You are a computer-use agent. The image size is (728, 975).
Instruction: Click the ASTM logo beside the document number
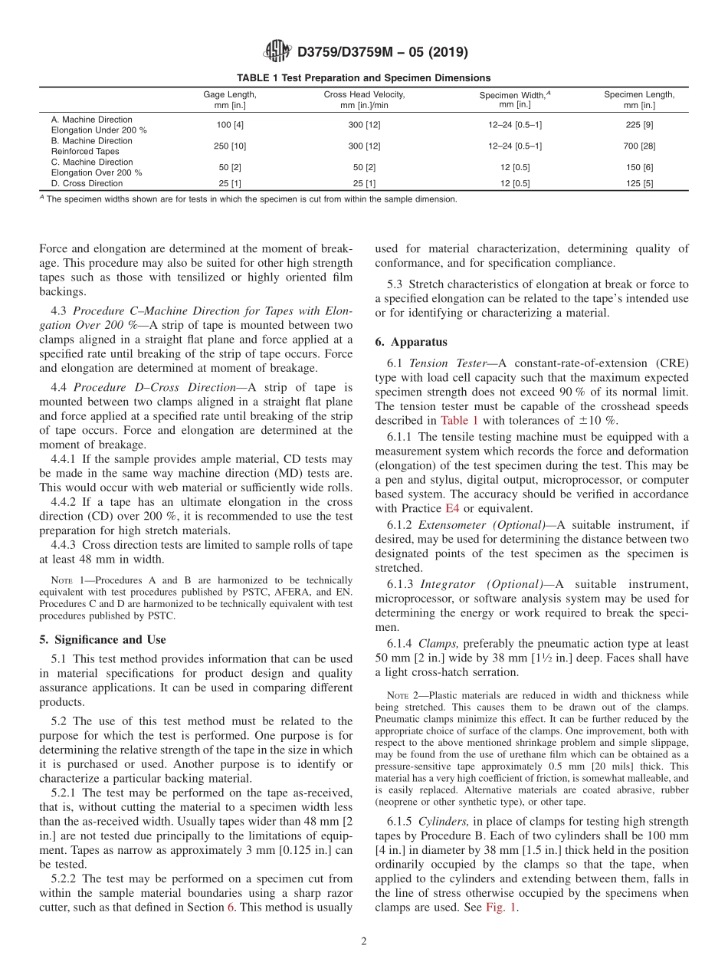point(277,52)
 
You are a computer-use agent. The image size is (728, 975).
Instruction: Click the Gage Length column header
point(229,100)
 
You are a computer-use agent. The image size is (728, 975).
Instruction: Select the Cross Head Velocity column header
point(364,100)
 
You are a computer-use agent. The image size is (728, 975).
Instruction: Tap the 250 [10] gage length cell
point(229,146)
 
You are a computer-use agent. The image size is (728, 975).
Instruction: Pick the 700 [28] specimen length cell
point(639,146)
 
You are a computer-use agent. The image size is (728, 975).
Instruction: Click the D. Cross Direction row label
point(87,184)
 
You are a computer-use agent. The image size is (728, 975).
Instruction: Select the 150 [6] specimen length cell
point(639,167)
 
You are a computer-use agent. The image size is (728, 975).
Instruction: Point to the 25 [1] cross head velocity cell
point(364,184)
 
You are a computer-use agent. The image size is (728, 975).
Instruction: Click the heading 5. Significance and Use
point(103,639)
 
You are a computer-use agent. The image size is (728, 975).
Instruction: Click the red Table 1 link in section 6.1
point(459,421)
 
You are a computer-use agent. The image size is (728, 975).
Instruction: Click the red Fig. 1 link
point(501,907)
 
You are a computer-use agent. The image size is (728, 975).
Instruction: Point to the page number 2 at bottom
point(364,942)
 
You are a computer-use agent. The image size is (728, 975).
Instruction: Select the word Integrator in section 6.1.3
point(448,583)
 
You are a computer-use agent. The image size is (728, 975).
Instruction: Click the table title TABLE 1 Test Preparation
point(363,77)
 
